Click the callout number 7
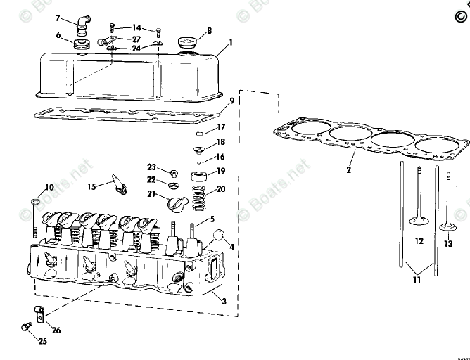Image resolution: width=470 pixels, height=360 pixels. [x=58, y=17]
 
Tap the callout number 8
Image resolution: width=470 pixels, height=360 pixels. [x=208, y=31]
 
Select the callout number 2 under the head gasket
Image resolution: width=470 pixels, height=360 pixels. [x=349, y=169]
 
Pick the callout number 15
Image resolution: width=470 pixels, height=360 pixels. [x=91, y=186]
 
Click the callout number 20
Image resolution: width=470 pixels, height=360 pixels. [x=221, y=188]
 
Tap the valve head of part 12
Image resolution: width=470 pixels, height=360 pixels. [x=419, y=222]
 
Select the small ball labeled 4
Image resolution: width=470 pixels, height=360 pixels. [x=219, y=236]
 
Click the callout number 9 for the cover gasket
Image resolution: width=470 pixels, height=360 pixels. [x=231, y=101]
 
